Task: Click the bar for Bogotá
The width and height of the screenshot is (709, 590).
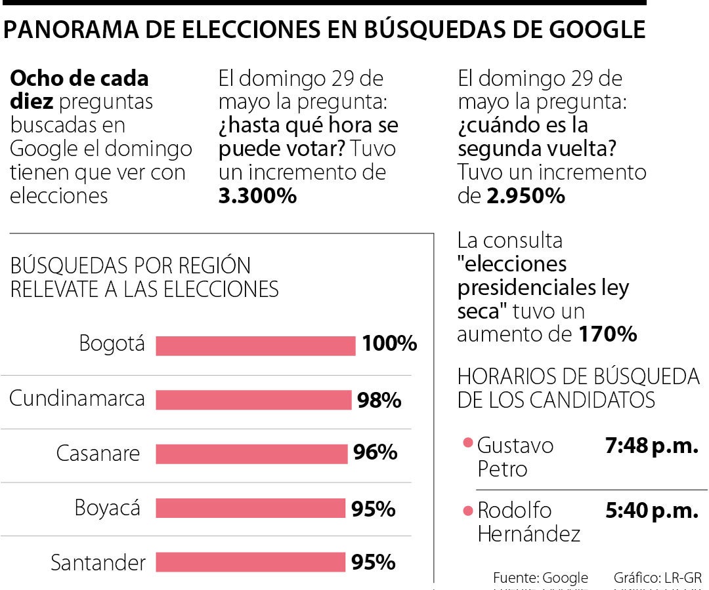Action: click(255, 345)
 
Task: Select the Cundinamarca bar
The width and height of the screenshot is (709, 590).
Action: click(253, 400)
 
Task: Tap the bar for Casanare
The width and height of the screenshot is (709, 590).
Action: click(251, 454)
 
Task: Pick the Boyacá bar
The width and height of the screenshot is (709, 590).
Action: click(250, 508)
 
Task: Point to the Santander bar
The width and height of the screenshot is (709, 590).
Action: click(250, 562)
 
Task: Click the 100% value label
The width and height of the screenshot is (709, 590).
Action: click(389, 344)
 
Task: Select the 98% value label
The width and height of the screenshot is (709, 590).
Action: click(379, 400)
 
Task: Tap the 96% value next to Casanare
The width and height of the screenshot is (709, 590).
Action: click(375, 453)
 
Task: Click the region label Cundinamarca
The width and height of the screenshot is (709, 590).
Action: click(77, 399)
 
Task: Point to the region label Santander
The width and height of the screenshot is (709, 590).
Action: click(98, 563)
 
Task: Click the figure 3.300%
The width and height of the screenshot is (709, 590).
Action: click(257, 196)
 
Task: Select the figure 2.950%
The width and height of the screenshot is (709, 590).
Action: click(525, 196)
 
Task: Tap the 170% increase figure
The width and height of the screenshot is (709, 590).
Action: click(607, 334)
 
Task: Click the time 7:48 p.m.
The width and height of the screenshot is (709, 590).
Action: click(651, 446)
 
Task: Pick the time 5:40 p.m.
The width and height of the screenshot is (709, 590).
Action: click(651, 511)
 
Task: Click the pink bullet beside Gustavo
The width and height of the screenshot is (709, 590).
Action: click(468, 443)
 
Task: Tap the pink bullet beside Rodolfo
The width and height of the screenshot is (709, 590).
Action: click(468, 511)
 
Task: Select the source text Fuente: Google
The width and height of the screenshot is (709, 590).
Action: click(540, 578)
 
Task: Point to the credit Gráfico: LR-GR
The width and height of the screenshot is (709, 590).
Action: click(657, 578)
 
